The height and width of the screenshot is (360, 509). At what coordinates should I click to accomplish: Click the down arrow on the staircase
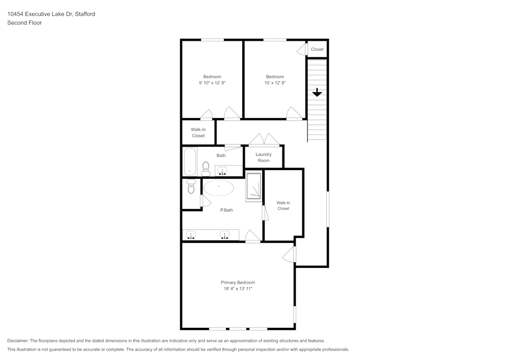tap(317, 92)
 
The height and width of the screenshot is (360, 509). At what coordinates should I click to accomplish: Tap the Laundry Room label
tap(263, 157)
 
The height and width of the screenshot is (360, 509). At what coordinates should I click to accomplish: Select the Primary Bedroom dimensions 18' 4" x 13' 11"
tap(238, 289)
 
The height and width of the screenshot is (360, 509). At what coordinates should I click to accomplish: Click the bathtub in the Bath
tap(189, 161)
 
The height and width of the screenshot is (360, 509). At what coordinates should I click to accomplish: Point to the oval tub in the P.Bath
tap(219, 187)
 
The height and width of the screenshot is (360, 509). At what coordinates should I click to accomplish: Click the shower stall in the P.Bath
tap(253, 187)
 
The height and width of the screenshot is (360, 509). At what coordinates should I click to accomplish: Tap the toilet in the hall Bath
tap(206, 169)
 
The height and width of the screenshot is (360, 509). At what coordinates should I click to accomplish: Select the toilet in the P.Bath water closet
tap(191, 187)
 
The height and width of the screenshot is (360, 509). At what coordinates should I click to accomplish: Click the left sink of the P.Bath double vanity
tap(191, 235)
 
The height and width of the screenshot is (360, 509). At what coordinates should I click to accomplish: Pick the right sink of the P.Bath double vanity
tap(224, 235)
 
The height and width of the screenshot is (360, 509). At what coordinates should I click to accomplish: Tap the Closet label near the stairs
tap(317, 49)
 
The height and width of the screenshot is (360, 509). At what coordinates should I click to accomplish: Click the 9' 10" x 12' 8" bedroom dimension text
tap(212, 82)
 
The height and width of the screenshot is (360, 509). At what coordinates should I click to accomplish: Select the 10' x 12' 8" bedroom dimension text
tap(275, 82)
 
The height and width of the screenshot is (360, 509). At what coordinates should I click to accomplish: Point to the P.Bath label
tap(227, 210)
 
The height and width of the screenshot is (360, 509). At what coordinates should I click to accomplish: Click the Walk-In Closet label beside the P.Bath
tap(284, 205)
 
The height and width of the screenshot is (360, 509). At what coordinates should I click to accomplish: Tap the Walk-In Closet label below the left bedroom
tap(198, 132)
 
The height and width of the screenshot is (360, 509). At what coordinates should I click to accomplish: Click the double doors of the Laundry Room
tap(264, 140)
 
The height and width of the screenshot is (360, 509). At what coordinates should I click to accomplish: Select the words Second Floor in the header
tap(24, 23)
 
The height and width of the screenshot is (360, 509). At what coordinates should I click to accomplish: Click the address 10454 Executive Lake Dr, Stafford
tap(51, 14)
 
